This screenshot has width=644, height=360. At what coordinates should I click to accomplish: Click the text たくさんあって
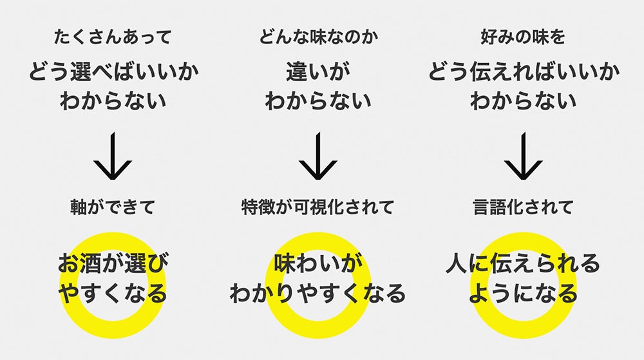pyautogui.click(x=113, y=37)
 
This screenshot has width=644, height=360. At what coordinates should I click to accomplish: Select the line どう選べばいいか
pyautogui.click(x=113, y=72)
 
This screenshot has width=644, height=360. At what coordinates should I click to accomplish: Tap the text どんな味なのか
pyautogui.click(x=318, y=37)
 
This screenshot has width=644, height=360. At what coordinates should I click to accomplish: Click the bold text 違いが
pyautogui.click(x=318, y=72)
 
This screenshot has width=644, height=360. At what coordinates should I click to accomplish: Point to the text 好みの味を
pyautogui.click(x=523, y=37)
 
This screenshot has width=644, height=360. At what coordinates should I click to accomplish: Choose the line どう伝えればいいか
pyautogui.click(x=523, y=72)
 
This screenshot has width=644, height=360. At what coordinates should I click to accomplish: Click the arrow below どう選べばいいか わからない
pyautogui.click(x=113, y=156)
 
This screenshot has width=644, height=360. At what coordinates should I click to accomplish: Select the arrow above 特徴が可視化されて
pyautogui.click(x=318, y=156)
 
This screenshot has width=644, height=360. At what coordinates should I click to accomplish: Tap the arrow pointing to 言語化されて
pyautogui.click(x=523, y=156)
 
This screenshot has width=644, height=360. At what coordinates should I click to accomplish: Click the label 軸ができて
pyautogui.click(x=113, y=207)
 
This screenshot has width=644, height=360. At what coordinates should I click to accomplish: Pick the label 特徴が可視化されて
pyautogui.click(x=318, y=207)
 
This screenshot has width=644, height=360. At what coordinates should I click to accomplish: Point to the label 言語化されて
pyautogui.click(x=523, y=207)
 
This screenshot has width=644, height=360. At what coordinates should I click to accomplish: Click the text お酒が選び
pyautogui.click(x=113, y=263)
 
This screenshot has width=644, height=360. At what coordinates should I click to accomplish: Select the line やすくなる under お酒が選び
pyautogui.click(x=113, y=294)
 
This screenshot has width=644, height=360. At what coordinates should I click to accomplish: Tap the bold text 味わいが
pyautogui.click(x=318, y=263)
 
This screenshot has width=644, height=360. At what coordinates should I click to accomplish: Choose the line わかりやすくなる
pyautogui.click(x=318, y=294)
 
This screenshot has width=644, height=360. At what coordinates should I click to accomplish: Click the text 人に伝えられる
pyautogui.click(x=523, y=263)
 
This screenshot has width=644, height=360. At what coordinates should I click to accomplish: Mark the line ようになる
pyautogui.click(x=523, y=294)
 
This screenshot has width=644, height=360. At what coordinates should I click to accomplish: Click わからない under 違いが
pyautogui.click(x=318, y=101)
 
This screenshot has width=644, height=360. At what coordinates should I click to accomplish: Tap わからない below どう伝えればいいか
pyautogui.click(x=523, y=101)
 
